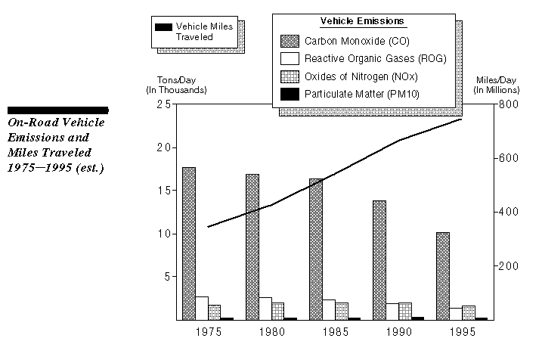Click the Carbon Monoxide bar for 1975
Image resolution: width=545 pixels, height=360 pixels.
pos(189,243)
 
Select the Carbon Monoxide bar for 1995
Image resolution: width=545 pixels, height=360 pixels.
pos(443,275)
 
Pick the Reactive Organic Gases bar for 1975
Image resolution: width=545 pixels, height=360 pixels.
pos(202,308)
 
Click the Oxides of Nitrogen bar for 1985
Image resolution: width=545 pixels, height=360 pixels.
pos(342,311)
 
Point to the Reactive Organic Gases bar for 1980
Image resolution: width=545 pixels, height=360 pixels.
pos(265,308)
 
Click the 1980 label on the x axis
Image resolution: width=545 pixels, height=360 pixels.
pos(271,331)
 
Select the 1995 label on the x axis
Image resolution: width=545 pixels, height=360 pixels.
pos(462,331)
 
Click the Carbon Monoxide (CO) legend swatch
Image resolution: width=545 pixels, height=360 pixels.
pos(290,40)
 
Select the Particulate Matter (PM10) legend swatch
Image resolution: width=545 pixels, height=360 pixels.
pos(290,95)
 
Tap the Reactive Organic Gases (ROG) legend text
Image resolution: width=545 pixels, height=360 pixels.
pos(376,58)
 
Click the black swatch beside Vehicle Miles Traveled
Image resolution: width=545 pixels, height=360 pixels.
pos(163,26)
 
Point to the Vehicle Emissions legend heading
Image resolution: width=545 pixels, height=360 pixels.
pos(363,20)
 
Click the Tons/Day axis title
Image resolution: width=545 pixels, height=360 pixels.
pos(175,85)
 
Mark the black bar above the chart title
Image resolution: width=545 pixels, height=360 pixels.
pos(57,110)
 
